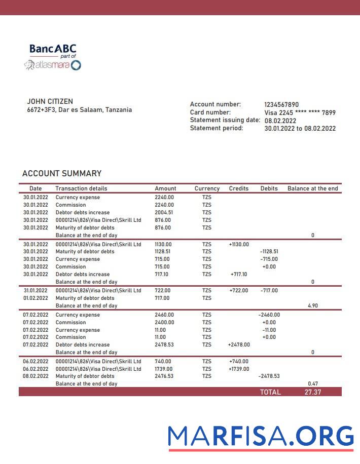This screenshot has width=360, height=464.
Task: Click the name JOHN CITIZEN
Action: coord(50,101)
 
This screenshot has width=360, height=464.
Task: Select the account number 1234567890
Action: coord(281,105)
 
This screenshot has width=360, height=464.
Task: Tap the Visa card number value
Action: coord(300,113)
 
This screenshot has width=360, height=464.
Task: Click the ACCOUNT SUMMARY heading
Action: coord(62,173)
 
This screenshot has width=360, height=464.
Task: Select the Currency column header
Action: coord(207,188)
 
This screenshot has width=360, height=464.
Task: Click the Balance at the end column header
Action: coord(312,188)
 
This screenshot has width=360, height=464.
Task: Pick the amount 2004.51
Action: coord(164,213)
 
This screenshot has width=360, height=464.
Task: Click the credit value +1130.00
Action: coord(239,244)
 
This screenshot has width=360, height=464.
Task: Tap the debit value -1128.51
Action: coord(269,252)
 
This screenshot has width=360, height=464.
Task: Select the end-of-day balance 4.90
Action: coord(312,306)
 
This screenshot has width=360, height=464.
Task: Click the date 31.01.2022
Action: coord(35,291)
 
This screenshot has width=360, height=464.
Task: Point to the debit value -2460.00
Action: coord(269,315)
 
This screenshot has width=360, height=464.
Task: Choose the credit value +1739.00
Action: coord(239,369)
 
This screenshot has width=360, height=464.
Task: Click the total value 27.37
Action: coord(312,392)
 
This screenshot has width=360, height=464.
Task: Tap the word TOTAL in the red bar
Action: coord(270,392)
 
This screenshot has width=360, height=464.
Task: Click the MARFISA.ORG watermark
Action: coord(261,437)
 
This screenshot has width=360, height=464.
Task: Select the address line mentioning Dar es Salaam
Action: coord(79,110)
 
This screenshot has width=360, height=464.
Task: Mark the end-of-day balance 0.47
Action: coord(312,384)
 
